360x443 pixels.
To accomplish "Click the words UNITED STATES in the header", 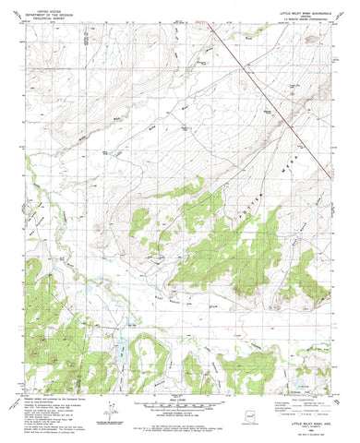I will (46, 8).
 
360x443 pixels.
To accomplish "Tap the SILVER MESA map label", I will (276, 178).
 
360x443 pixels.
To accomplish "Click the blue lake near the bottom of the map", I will (120, 348).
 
